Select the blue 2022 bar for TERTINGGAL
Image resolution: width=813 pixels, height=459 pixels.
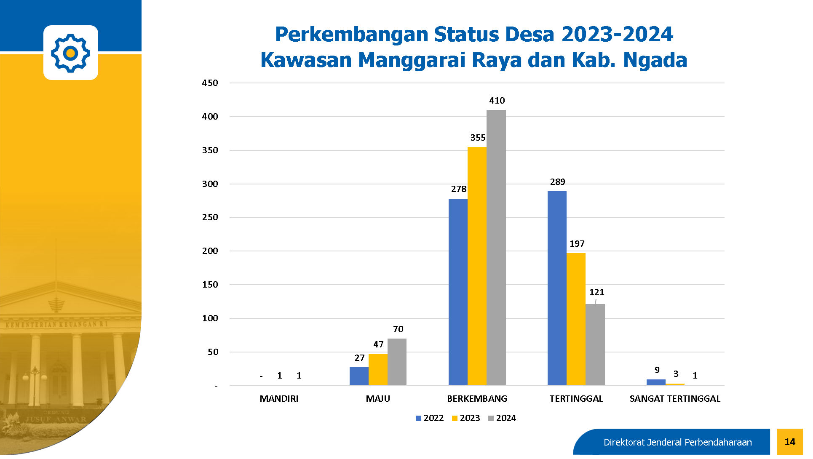557,288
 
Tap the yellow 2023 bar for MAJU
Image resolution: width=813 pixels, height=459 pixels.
378,369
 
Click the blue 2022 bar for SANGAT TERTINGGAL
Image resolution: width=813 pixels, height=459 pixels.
656,382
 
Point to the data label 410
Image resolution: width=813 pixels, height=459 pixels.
497,101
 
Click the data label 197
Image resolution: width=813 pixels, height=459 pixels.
577,244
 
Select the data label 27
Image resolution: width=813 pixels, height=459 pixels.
359,358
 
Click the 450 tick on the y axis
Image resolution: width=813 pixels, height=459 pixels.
210,83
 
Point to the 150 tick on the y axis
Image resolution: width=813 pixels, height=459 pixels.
210,285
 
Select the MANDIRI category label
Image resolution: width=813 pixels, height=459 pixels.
279,399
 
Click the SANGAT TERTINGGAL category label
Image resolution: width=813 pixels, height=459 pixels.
675,399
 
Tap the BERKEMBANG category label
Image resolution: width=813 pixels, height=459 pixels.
477,399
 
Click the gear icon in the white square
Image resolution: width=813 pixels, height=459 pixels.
71,53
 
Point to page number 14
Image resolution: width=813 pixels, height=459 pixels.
790,442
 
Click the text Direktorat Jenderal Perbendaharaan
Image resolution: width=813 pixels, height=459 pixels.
677,442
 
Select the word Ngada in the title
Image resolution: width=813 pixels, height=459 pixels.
655,60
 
